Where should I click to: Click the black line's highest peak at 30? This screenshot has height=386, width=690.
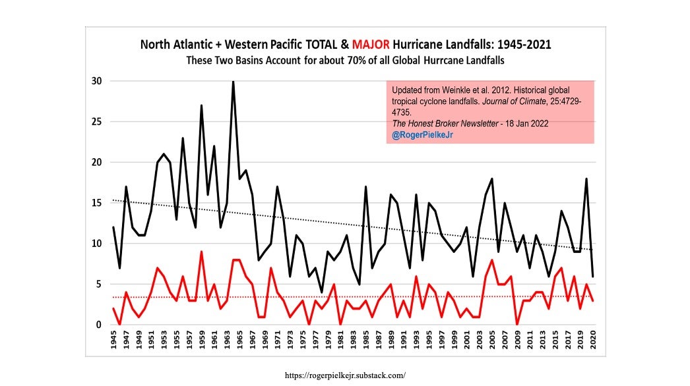(233, 82)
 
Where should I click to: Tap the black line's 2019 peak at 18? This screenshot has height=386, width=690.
(586, 179)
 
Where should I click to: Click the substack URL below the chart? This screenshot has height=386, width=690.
(344, 375)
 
